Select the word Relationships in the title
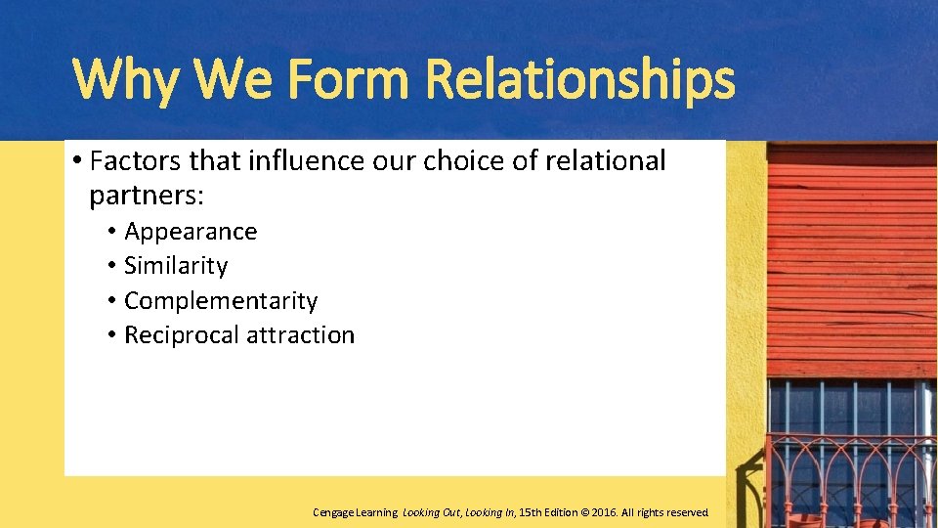pyautogui.click(x=580, y=80)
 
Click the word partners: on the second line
pyautogui.click(x=147, y=196)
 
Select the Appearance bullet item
pyautogui.click(x=191, y=232)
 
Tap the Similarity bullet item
pyautogui.click(x=176, y=266)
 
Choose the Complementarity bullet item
pyautogui.click(x=221, y=300)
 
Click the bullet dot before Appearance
pyautogui.click(x=113, y=232)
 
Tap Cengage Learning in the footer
pyautogui.click(x=355, y=512)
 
